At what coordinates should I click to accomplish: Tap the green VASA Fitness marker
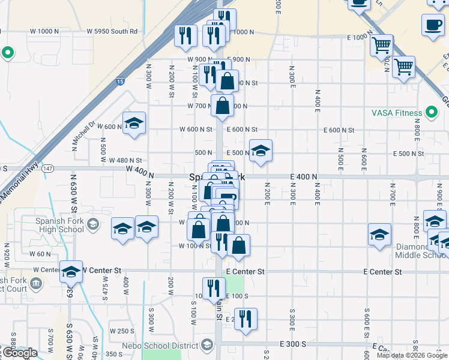(431, 112)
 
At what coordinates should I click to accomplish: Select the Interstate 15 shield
(121, 80)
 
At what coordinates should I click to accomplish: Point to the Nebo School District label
(160, 346)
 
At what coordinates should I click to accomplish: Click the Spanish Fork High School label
(59, 225)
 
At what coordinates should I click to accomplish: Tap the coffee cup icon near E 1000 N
(433, 25)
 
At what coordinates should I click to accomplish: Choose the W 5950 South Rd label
(112, 31)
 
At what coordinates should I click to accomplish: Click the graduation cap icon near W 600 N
(134, 124)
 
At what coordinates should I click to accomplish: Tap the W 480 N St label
(125, 161)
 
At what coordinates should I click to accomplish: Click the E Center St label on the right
(382, 272)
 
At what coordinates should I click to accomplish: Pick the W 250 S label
(121, 331)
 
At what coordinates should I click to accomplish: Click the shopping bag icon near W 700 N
(222, 106)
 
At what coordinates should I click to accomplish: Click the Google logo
(20, 353)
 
